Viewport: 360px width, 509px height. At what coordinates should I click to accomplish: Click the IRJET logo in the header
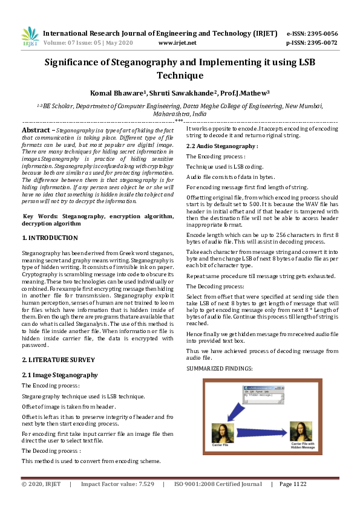[x=30, y=37]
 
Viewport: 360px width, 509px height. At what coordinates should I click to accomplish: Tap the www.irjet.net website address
[x=177, y=43]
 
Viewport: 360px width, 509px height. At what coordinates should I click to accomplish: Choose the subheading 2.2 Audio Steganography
[x=222, y=146]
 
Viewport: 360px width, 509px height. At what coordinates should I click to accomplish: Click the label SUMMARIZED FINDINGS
[x=219, y=368]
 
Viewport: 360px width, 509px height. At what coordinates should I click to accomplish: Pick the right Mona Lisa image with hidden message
[x=301, y=432]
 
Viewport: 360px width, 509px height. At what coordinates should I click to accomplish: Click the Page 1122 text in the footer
[x=293, y=484]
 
